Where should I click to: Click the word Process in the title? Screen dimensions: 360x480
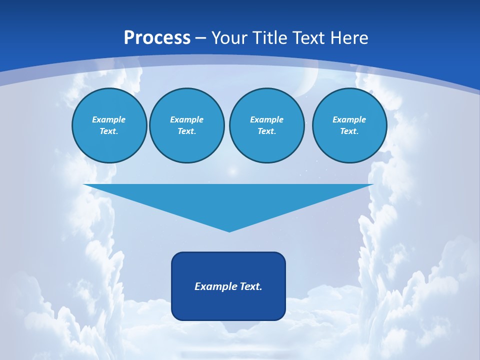[157, 38]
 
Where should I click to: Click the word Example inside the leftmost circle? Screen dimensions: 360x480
[109, 119]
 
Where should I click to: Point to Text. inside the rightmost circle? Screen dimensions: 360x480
[349, 131]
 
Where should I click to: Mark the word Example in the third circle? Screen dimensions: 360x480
[266, 119]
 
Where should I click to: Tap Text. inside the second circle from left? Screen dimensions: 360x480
[186, 131]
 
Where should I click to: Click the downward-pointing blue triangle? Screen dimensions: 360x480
[228, 200]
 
